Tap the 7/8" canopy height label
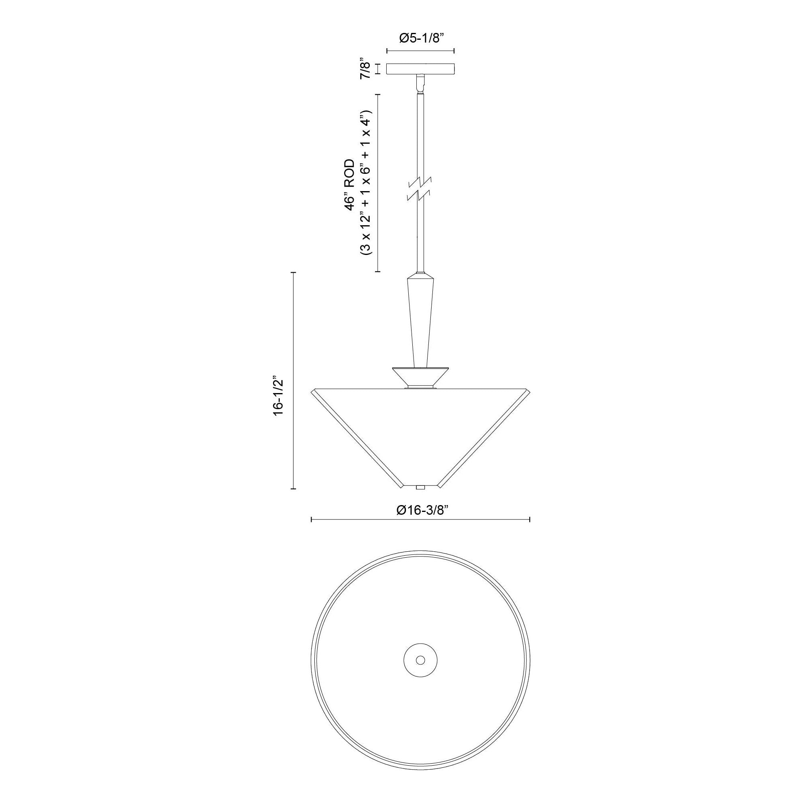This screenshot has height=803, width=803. coord(365,69)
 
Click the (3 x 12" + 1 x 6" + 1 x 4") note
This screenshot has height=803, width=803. coord(367,183)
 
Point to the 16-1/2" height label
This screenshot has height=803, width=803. coord(278,397)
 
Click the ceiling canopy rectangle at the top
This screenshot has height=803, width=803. coord(421,69)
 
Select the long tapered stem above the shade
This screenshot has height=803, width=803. coord(420,320)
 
